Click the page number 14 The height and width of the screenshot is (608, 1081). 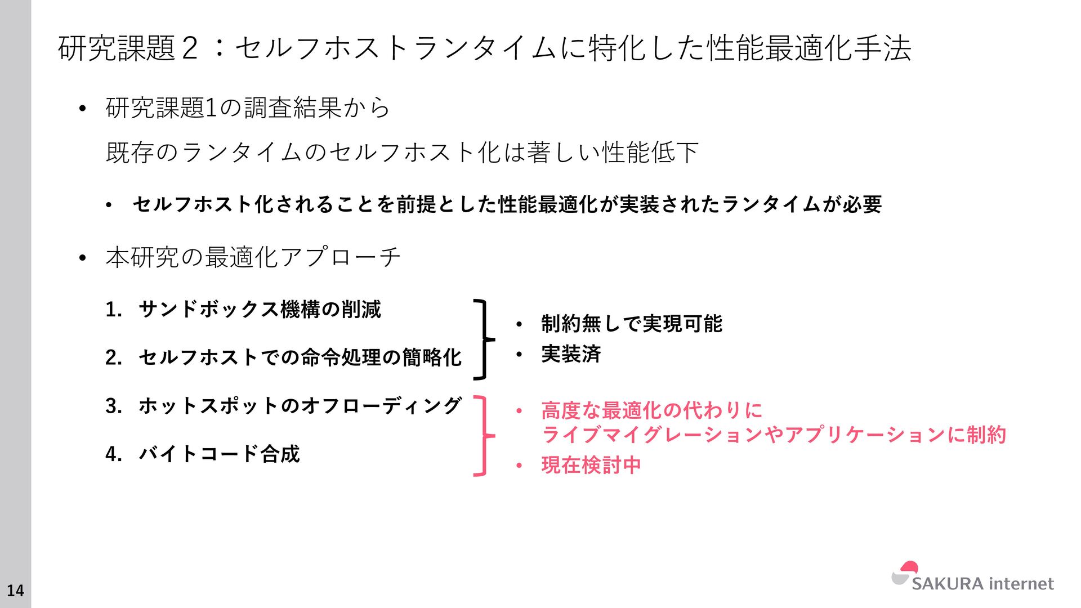[x=15, y=590]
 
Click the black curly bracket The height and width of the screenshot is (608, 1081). [x=483, y=339]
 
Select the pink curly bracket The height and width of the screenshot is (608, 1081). [x=483, y=436]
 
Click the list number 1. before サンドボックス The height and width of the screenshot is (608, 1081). [x=113, y=310]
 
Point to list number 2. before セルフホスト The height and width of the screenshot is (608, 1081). [x=113, y=357]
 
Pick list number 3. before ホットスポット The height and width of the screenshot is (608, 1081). [x=113, y=406]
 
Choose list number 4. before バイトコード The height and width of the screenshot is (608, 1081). [x=113, y=454]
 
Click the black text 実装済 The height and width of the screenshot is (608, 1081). [x=571, y=354]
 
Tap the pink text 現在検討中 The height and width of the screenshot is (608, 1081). [x=591, y=465]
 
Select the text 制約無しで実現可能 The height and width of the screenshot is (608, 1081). [x=631, y=324]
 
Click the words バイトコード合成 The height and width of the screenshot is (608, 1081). [x=219, y=454]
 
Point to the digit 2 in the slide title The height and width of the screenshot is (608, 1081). [x=190, y=48]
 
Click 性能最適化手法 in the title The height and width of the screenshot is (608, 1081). [x=809, y=48]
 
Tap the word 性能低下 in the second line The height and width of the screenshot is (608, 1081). [x=650, y=152]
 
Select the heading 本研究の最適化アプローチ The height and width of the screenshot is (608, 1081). [x=253, y=257]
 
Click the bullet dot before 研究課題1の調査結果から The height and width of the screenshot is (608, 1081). [x=82, y=109]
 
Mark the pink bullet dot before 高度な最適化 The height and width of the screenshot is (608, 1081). [x=519, y=411]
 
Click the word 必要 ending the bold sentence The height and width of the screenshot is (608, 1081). [x=862, y=204]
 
